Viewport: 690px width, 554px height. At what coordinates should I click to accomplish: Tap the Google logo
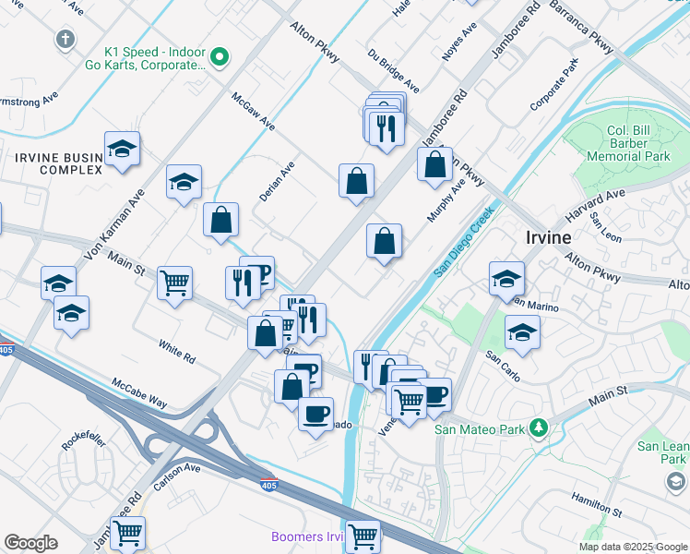pyautogui.click(x=30, y=543)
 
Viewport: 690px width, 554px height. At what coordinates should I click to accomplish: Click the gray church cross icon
pyautogui.click(x=65, y=40)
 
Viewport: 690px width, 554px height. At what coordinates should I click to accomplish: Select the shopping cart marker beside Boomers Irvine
pyautogui.click(x=363, y=535)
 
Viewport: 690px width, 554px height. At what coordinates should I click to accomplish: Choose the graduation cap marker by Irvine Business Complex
pyautogui.click(x=122, y=150)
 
